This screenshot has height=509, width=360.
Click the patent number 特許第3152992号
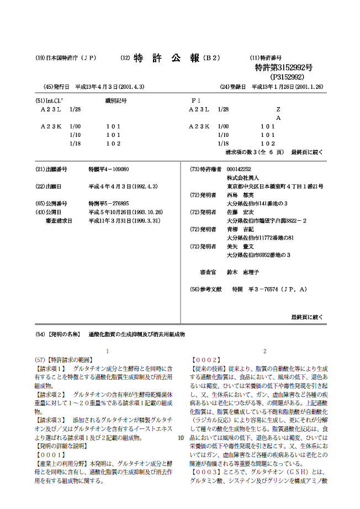(x=284, y=67)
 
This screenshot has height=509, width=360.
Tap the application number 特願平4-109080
(x=109, y=169)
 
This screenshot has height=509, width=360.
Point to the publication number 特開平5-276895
(x=109, y=203)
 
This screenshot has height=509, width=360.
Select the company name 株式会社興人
(x=243, y=178)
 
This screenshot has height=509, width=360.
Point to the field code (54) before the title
(x=40, y=335)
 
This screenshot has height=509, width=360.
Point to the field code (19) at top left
(x=40, y=58)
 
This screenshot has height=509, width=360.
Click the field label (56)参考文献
(x=206, y=289)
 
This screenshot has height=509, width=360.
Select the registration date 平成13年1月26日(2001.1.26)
(x=288, y=87)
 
